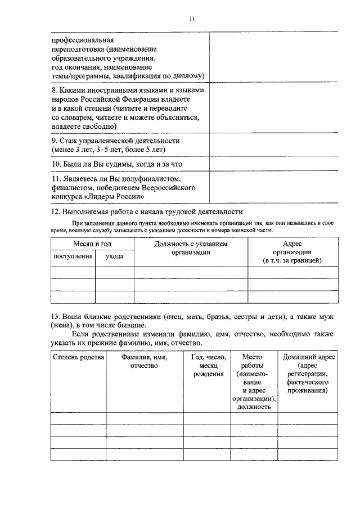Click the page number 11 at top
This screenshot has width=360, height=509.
pos(191,19)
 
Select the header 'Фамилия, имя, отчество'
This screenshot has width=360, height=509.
pos(145,362)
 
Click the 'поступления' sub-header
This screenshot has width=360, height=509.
pos(73,256)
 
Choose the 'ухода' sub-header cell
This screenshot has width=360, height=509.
pos(115,256)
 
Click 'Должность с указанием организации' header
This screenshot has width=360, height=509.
pos(191,249)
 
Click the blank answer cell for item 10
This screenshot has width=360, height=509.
pos(274,164)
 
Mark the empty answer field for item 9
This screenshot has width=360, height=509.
pos(274,145)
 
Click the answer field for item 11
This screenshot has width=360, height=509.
pos(274,187)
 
